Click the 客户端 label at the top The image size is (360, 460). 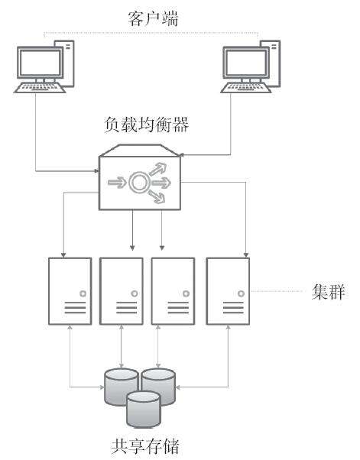(x=153, y=18)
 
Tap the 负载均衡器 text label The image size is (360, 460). (x=147, y=125)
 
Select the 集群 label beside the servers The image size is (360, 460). (x=329, y=292)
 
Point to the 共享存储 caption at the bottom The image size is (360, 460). (x=144, y=446)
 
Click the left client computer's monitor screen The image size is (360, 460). (x=41, y=63)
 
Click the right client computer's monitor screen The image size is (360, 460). (x=246, y=63)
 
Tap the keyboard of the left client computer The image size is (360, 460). (x=40, y=88)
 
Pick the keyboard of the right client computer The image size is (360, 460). (x=246, y=88)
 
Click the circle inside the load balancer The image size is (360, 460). (x=140, y=183)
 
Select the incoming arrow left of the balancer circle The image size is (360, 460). (x=117, y=183)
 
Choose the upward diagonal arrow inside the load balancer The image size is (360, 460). (x=158, y=170)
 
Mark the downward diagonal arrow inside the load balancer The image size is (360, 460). (x=157, y=196)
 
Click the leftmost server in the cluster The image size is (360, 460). (x=70, y=291)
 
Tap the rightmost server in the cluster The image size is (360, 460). (x=228, y=291)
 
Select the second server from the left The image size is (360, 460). (x=122, y=291)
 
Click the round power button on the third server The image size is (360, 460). (x=186, y=293)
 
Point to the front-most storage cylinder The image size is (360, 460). (x=144, y=410)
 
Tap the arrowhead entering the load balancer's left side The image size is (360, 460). (x=96, y=170)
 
